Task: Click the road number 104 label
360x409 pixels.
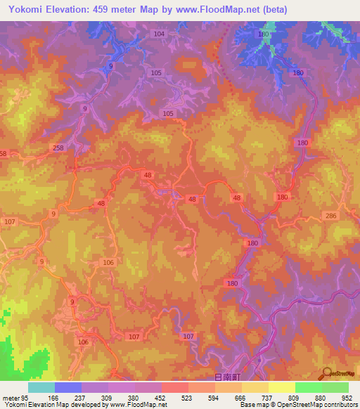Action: tap(159, 34)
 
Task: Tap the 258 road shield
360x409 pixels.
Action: tap(58, 147)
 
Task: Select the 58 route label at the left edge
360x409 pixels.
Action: tap(3, 154)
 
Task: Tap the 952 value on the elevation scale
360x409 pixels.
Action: tap(347, 396)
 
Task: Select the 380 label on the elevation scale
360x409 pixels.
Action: tap(133, 396)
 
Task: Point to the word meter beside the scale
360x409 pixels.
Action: tap(11, 396)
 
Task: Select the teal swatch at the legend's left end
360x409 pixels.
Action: tap(41, 387)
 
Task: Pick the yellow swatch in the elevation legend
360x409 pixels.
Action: tap(282, 387)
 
